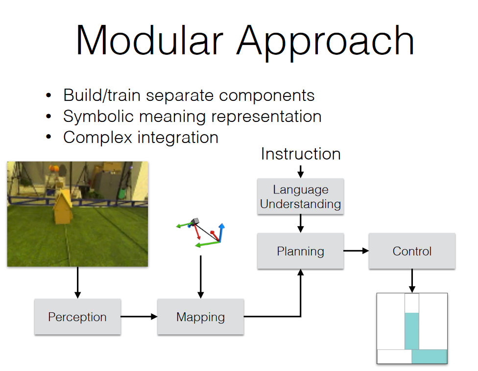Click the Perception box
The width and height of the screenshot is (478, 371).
pos(77,317)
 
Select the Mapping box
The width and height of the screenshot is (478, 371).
pos(200,317)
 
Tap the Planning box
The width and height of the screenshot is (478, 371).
pos(300,251)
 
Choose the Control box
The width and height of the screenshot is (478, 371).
pos(412,251)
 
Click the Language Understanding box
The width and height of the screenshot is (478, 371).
pos(300,196)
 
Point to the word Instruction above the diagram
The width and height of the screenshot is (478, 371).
pos(301,154)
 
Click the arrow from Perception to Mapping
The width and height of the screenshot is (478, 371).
pos(139,317)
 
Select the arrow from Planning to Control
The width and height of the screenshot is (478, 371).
pos(356,251)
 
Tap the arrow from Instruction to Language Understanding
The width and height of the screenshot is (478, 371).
pos(301,172)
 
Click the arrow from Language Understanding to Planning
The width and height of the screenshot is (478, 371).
pos(301,224)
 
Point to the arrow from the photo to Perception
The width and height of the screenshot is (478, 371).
pos(77,283)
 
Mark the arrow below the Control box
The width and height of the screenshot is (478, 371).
pos(412,281)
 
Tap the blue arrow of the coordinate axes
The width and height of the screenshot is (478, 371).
pos(221,232)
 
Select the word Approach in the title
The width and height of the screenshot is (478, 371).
pos(325,43)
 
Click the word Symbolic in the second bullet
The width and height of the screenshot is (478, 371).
pos(98,116)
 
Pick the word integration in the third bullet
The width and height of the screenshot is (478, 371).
pos(178,138)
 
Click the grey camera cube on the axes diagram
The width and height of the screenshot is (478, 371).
pos(194,221)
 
